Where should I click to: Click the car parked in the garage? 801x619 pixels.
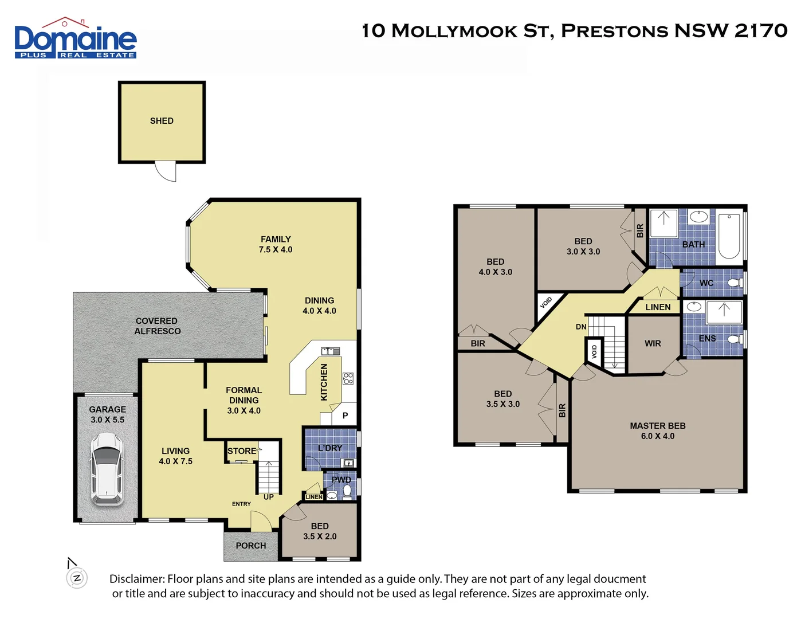pyautogui.click(x=107, y=469)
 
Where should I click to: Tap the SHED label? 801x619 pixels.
pyautogui.click(x=162, y=121)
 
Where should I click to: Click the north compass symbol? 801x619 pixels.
pyautogui.click(x=77, y=577)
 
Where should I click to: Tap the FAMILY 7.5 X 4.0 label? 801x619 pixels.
pyautogui.click(x=276, y=244)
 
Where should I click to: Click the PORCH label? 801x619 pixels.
pyautogui.click(x=251, y=546)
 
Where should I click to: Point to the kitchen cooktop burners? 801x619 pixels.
pyautogui.click(x=348, y=378)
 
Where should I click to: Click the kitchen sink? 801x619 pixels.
pyautogui.click(x=330, y=351)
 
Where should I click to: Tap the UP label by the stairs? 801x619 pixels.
pyautogui.click(x=268, y=497)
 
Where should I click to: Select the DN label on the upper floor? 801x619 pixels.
pyautogui.click(x=581, y=327)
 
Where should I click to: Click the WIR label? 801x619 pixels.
pyautogui.click(x=653, y=343)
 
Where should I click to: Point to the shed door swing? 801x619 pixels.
pyautogui.click(x=166, y=171)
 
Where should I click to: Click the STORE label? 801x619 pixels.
pyautogui.click(x=241, y=451)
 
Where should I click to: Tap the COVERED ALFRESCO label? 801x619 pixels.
pyautogui.click(x=157, y=326)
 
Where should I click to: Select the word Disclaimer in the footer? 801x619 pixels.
pyautogui.click(x=136, y=579)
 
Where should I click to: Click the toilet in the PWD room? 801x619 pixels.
pyautogui.click(x=347, y=491)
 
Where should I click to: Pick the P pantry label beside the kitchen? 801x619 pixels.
pyautogui.click(x=345, y=416)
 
